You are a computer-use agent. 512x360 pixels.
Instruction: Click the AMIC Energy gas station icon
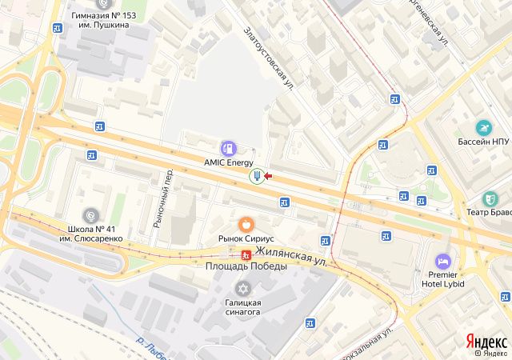pyautogui.click(x=229, y=148)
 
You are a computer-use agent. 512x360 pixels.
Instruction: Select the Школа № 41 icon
pyautogui.click(x=91, y=214)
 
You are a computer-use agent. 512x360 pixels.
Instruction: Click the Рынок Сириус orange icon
pyautogui.click(x=247, y=225)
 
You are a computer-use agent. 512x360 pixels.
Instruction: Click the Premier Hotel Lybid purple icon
pyautogui.click(x=442, y=262)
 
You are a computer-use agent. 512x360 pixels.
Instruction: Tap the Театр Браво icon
pyautogui.click(x=490, y=198)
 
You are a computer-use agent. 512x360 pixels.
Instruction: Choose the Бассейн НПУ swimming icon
pyautogui.click(x=483, y=127)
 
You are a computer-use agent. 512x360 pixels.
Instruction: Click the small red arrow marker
pyautogui.click(x=268, y=176)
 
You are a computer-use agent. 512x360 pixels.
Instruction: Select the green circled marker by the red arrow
pyautogui.click(x=256, y=176)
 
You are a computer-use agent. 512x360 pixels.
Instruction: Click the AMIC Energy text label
pyautogui.click(x=229, y=162)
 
